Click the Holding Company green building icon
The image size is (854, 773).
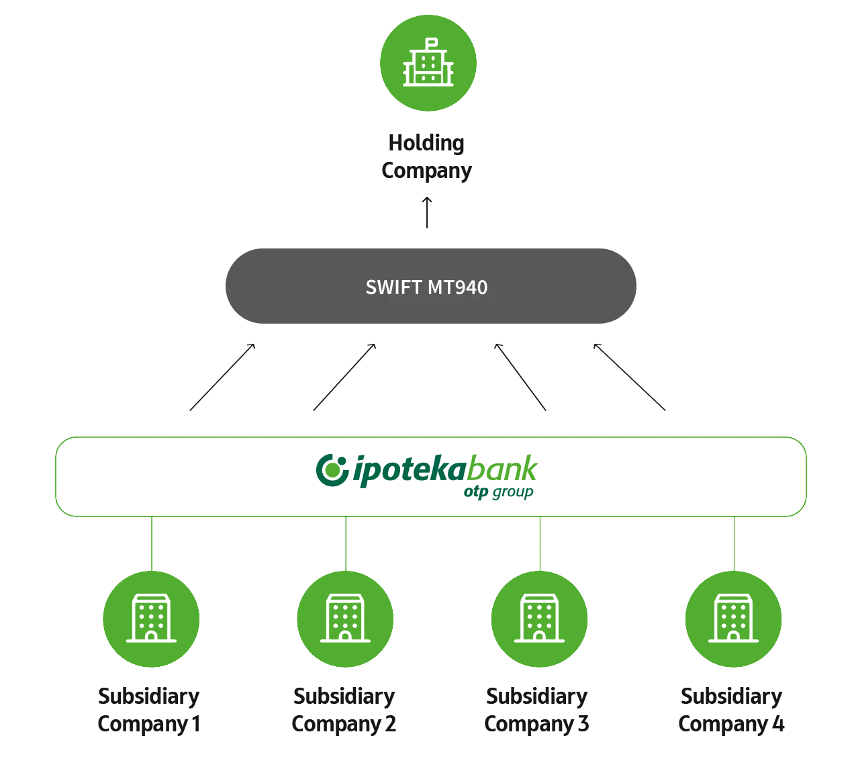428,63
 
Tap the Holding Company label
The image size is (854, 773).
427,158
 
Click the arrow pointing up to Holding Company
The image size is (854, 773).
427,212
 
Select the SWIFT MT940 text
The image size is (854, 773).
426,287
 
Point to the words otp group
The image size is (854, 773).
498,492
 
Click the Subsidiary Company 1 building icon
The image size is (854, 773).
151,619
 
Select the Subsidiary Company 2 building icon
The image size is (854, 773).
345,619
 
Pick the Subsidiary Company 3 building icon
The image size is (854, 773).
539,619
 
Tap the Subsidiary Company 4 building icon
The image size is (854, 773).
733,619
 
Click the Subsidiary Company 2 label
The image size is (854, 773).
344,710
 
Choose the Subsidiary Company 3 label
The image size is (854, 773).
536,710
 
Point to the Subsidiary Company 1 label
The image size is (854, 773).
149,710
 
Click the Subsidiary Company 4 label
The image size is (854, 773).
731,710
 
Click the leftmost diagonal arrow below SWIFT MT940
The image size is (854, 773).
222,377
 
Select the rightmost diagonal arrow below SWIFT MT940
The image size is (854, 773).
629,377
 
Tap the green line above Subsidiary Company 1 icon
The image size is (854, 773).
152,543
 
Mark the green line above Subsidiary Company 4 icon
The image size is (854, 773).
734,543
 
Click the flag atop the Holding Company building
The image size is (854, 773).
432,42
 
